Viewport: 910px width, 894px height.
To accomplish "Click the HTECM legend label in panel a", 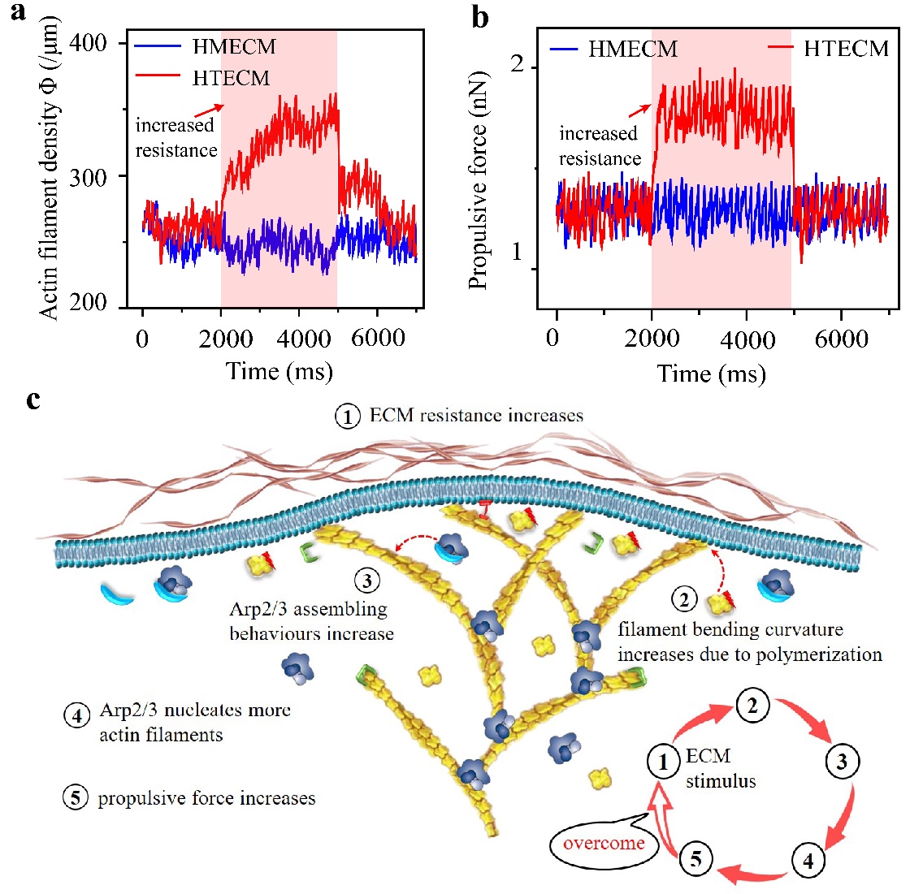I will tap(231, 78).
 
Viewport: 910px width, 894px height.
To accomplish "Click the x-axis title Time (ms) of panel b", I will tap(712, 374).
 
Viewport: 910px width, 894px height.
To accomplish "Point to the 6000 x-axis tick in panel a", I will tap(378, 338).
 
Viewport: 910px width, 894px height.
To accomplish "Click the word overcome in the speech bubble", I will tap(604, 843).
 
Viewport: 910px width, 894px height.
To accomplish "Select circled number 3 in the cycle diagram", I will tap(842, 762).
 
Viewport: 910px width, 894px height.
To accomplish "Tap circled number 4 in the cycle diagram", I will tap(808, 861).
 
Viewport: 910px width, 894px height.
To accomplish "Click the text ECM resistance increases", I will tap(476, 417).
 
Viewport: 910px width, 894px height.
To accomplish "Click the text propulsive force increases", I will tap(206, 798).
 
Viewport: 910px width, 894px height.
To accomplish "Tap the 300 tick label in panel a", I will tap(89, 177).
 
